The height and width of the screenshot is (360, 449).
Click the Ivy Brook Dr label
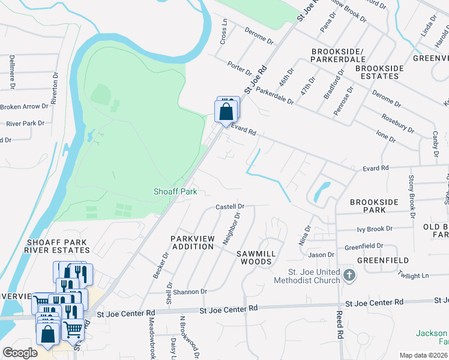click(x=374, y=229)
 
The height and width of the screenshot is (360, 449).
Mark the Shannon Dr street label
click(x=190, y=291)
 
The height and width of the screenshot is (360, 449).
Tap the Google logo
click(x=20, y=353)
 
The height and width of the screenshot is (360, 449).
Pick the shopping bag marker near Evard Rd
click(x=225, y=112)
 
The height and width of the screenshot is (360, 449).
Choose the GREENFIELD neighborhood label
click(x=383, y=260)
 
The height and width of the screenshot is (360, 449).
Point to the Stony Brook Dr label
click(x=412, y=196)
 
